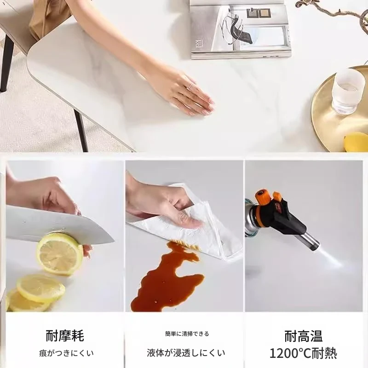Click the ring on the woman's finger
pyautogui.click(x=190, y=86)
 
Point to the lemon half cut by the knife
pyautogui.click(x=60, y=253)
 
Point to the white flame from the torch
pyautogui.click(x=331, y=258)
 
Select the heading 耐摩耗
pyautogui.click(x=65, y=336)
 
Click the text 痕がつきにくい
pyautogui.click(x=66, y=353)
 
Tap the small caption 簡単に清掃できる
pyautogui.click(x=187, y=333)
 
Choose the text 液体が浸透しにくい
pyautogui.click(x=186, y=353)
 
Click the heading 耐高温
pyautogui.click(x=304, y=336)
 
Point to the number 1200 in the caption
pyautogui.click(x=284, y=353)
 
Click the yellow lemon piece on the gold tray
pyautogui.click(x=356, y=142)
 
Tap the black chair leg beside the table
pyautogui.click(x=81, y=131)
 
